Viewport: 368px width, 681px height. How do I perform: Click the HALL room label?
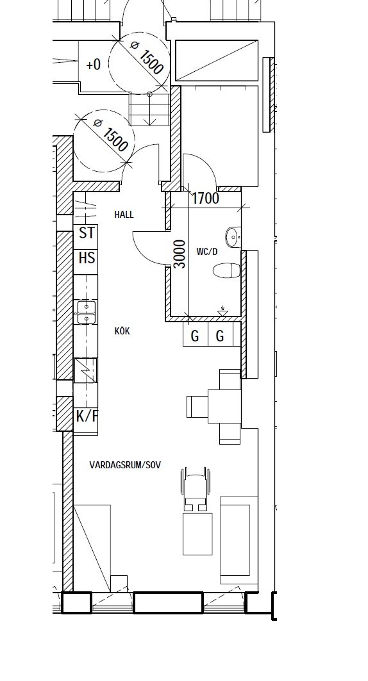(x=124, y=215)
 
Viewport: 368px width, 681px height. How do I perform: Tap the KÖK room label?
(x=122, y=331)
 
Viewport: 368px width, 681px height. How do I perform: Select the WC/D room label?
(x=207, y=252)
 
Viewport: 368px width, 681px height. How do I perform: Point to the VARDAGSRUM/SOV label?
(x=125, y=464)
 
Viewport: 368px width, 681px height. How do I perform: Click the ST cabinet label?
(x=87, y=233)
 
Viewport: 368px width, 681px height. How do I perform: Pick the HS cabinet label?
(x=87, y=258)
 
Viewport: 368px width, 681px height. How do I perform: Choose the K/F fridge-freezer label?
(x=87, y=416)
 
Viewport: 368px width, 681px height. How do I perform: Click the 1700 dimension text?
(x=205, y=199)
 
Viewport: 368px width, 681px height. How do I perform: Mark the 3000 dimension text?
(x=180, y=254)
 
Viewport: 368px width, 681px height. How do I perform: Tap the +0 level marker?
(x=94, y=65)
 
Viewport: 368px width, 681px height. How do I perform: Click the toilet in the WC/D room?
(x=227, y=270)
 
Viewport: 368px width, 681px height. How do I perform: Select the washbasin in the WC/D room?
(x=233, y=237)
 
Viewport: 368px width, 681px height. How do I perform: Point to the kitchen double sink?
(x=87, y=312)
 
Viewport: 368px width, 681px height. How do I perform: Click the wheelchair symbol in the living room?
(x=195, y=489)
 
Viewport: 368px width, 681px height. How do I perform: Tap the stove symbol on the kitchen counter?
(x=86, y=370)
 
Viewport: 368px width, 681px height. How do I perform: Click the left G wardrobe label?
(x=195, y=336)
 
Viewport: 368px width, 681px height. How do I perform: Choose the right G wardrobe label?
(x=221, y=336)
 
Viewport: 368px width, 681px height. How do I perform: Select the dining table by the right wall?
(x=224, y=406)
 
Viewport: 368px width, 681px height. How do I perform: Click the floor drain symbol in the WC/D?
(x=223, y=311)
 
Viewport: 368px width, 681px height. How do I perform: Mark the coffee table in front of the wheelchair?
(x=197, y=534)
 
